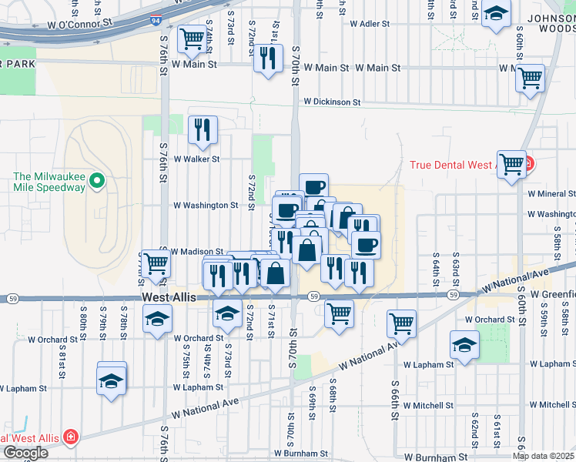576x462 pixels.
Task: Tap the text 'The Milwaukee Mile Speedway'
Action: point(49,182)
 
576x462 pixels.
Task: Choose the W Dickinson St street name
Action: point(331,102)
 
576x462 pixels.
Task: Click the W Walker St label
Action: point(196,159)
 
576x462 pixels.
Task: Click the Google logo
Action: point(25,453)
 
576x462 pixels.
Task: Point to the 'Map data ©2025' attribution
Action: point(544,456)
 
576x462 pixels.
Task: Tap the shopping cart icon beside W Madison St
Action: point(156,263)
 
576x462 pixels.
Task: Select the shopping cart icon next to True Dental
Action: point(511,163)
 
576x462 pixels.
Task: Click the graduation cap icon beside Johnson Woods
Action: point(496,13)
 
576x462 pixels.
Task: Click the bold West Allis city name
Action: point(169,296)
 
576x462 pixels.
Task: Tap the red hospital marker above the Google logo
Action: point(71,437)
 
